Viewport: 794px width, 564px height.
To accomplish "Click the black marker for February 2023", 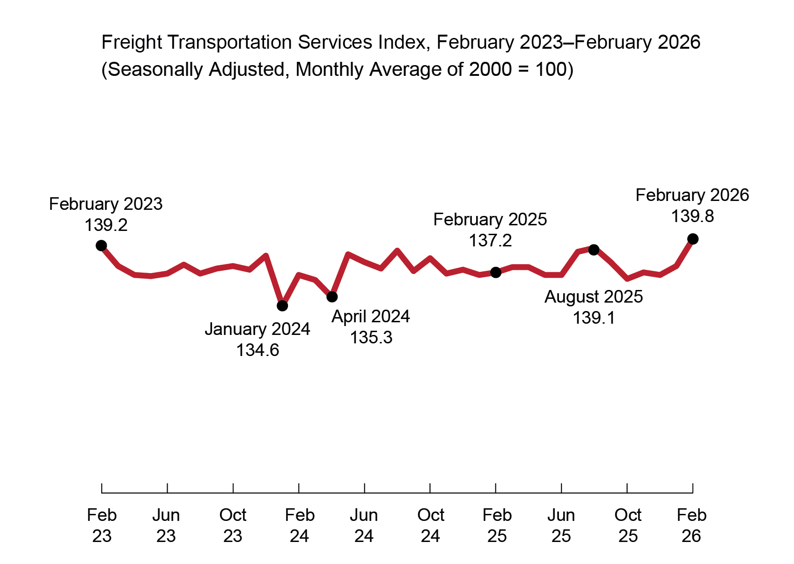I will coord(101,245).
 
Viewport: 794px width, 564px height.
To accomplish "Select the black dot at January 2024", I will coord(282,306).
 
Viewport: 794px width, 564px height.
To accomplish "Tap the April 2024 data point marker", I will coord(332,297).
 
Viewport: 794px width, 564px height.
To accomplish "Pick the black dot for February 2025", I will coord(496,273).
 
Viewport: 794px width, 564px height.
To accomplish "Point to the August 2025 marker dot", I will coord(594,250).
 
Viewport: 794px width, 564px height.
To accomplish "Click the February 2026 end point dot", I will coord(693,239).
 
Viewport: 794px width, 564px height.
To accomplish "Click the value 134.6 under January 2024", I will coord(257,350).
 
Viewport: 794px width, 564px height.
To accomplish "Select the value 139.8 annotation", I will coord(692,216).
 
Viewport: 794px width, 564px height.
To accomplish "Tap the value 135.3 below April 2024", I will coord(371,338).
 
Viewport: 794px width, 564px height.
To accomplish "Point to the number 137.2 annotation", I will coord(490,241).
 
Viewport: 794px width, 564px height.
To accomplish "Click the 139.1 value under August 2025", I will coord(594,318).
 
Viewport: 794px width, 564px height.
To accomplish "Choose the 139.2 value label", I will coord(106,225).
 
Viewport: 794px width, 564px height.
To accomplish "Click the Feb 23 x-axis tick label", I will coord(102,526).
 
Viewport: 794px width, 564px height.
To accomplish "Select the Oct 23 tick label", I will coord(233,526).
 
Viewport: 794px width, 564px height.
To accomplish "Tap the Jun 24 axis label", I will coord(364,526).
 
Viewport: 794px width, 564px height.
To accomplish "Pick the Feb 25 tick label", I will coord(497,526).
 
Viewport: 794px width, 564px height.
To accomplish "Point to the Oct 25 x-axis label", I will coord(628,526).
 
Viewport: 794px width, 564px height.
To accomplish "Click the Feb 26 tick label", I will coord(691,526).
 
